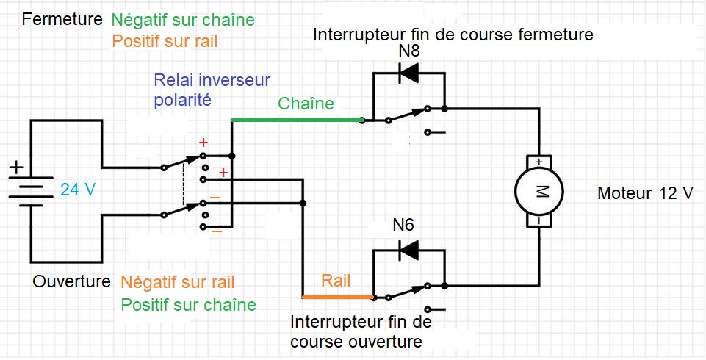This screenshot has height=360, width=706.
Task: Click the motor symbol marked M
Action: coord(540,191)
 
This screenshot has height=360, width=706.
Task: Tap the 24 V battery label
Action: coord(78,189)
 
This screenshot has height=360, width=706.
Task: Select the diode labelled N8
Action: coord(408,73)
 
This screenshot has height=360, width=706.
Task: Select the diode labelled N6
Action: coord(408,250)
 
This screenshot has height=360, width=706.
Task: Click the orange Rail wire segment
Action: coord(337,297)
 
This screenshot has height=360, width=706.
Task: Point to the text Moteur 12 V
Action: coord(645,194)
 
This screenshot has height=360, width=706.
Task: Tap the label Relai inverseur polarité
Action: coord(212,90)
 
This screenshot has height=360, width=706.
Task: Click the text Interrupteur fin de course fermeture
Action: coord(453,35)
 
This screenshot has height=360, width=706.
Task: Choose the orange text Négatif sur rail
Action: coord(178,282)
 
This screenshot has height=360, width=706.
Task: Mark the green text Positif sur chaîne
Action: coord(189,304)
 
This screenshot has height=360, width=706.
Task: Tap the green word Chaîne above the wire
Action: coord(306,104)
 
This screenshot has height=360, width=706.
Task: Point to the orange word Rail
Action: coord(336,281)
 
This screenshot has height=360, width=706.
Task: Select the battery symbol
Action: coord(30,190)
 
